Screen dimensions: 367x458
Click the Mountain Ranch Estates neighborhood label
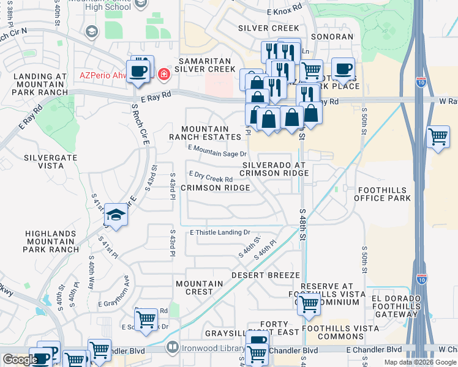click(x=205, y=133)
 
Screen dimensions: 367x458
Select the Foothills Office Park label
click(x=384, y=194)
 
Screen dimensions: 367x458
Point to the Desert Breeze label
click(x=265, y=276)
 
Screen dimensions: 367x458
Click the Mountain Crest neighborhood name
click(x=200, y=287)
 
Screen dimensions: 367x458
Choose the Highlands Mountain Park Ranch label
click(x=51, y=242)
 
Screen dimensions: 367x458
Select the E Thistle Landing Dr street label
click(x=220, y=232)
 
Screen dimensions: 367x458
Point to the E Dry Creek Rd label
click(x=211, y=177)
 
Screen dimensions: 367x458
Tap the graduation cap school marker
click(x=115, y=215)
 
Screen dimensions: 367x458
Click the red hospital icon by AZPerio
click(x=163, y=75)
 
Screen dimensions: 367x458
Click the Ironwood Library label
click(x=208, y=349)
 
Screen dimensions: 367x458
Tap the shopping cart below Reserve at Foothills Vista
click(x=309, y=303)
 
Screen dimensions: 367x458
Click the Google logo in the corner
click(x=20, y=360)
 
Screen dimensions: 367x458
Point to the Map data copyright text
click(x=420, y=362)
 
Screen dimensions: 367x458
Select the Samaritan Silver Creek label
click(x=205, y=65)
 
